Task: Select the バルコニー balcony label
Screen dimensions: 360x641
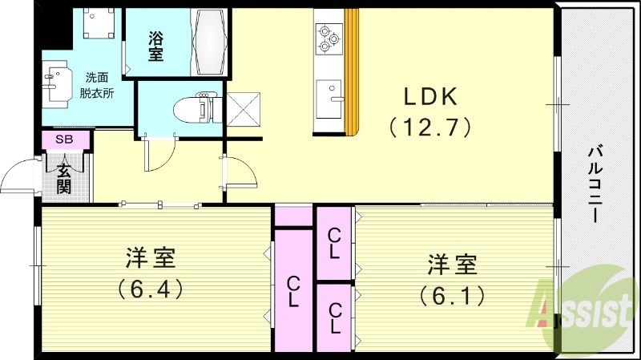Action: point(595,184)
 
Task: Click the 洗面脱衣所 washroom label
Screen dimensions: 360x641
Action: point(98,84)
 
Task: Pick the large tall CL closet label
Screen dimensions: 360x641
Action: point(294,292)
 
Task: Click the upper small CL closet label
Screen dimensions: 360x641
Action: point(335,242)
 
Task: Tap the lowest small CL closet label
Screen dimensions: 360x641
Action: point(335,318)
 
